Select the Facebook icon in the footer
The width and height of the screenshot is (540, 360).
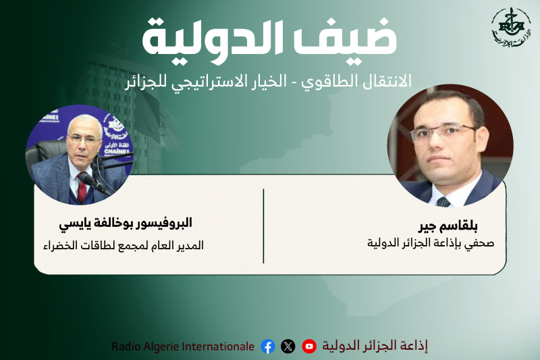click(x=268, y=346)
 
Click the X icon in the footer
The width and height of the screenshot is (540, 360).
click(x=288, y=346)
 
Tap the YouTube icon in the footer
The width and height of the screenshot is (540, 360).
click(x=309, y=346)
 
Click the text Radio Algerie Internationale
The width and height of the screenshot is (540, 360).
click(x=183, y=346)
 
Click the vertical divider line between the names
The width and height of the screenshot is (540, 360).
click(x=263, y=226)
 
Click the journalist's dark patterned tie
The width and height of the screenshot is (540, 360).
click(x=443, y=201)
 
